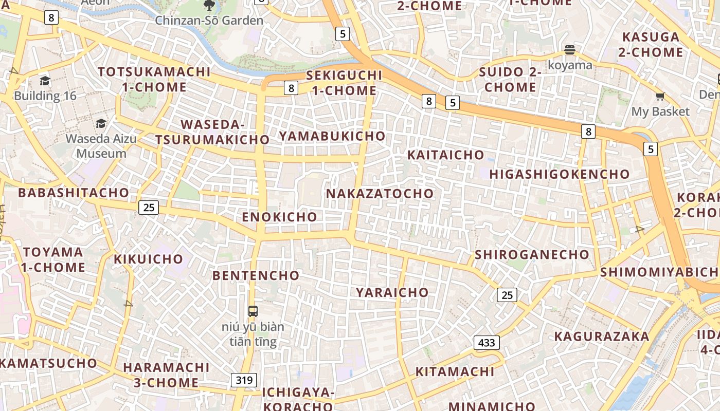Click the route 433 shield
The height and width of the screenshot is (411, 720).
(487, 343)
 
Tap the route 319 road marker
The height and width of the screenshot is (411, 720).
(244, 380)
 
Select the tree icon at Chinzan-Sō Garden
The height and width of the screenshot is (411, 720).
(209, 6)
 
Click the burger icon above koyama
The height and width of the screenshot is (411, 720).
(569, 50)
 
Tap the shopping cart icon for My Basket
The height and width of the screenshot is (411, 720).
(660, 97)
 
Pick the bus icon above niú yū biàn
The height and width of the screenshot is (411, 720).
(253, 311)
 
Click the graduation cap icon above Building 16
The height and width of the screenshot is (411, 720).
(45, 81)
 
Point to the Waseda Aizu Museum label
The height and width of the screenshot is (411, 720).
(101, 146)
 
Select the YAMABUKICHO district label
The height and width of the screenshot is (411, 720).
(332, 136)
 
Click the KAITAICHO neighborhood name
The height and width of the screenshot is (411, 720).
(445, 155)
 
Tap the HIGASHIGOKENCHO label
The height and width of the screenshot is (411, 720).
(559, 175)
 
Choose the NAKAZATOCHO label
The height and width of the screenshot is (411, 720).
(380, 194)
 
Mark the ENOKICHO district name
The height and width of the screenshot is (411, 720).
(279, 217)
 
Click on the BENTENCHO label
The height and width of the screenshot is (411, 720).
(256, 276)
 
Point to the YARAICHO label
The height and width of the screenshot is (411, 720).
(392, 293)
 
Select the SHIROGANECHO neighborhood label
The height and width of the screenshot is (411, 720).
(532, 255)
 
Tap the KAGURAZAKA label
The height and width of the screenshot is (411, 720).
(601, 337)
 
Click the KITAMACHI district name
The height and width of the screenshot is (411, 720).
(455, 372)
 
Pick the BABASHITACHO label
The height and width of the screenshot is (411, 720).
(74, 193)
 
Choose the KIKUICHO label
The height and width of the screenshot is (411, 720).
(148, 259)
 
